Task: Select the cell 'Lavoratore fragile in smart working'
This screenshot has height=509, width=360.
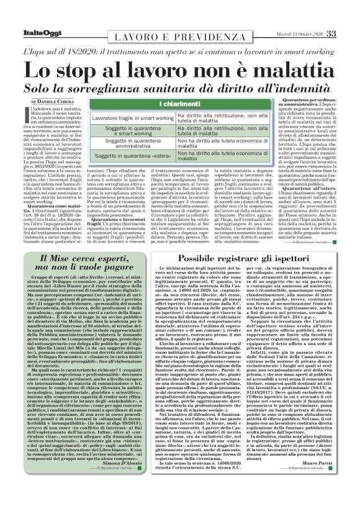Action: click(x=123, y=117)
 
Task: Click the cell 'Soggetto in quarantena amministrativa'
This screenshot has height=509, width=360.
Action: click(x=123, y=144)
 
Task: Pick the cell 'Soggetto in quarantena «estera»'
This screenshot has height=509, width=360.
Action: click(x=123, y=158)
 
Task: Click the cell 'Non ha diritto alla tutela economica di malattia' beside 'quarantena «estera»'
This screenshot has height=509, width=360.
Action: click(x=208, y=158)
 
